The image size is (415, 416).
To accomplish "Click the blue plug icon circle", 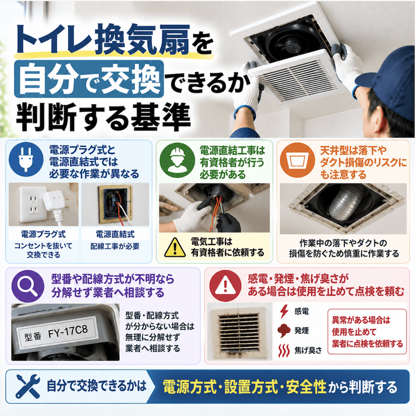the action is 26,160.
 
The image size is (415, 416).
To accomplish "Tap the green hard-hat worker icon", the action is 177,160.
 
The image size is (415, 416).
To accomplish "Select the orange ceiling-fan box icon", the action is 297,160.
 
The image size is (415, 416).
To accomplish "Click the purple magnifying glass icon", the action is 28,286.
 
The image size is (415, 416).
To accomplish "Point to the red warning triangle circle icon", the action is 225,286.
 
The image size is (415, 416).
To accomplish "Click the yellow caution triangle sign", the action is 175,248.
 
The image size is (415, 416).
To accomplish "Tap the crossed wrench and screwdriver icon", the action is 28,386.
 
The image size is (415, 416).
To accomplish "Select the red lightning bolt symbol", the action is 284,311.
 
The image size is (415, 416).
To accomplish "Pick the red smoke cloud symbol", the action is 284,331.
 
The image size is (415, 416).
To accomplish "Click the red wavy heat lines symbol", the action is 284,351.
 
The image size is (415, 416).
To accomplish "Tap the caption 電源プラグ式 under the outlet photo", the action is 43,234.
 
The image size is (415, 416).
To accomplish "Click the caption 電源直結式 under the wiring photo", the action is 115,234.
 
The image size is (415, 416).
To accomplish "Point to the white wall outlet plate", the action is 33,204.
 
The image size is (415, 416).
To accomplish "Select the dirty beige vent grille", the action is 239,333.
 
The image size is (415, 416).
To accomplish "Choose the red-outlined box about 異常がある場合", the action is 367,332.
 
